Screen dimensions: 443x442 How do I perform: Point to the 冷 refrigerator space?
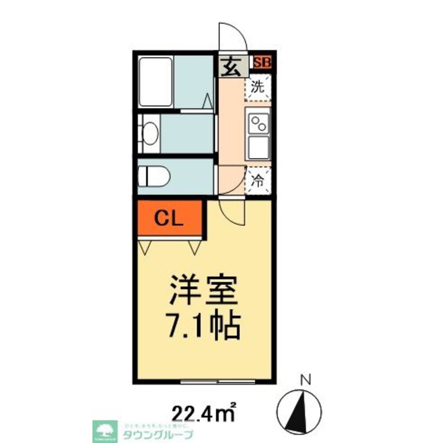(258, 180)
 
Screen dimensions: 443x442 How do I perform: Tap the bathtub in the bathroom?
(155, 81)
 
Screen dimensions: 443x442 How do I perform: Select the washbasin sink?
(150, 133)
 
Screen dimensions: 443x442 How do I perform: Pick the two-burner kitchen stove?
(258, 122)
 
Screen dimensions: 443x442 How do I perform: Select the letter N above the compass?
(305, 379)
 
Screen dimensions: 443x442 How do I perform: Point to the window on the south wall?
(218, 381)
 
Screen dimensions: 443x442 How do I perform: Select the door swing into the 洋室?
(234, 214)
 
